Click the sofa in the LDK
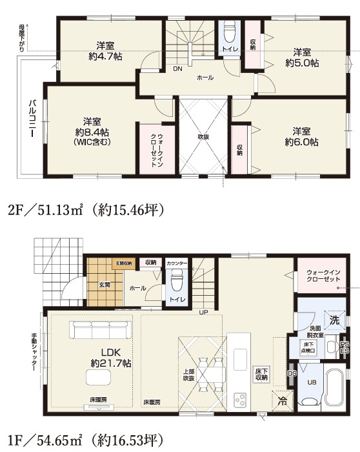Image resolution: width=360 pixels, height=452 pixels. click(x=102, y=331)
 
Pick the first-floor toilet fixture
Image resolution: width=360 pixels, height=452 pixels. click(x=176, y=280)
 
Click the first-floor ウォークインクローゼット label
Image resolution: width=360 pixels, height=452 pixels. click(x=319, y=276)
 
